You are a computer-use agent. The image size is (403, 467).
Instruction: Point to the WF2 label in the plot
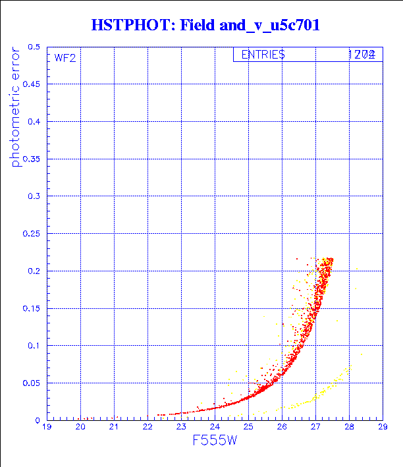coord(65,57)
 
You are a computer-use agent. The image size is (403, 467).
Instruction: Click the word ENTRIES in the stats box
coord(263,55)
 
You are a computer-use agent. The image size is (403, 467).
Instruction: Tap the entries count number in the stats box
coord(362,55)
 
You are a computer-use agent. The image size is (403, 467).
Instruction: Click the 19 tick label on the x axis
coord(47,427)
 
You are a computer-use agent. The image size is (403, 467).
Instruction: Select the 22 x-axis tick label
coord(148,427)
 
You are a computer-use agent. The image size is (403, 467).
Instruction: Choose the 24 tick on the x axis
coord(215,427)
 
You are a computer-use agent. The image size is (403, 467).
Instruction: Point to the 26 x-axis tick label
coord(282,427)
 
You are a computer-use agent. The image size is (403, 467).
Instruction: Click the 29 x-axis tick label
coord(383,427)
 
